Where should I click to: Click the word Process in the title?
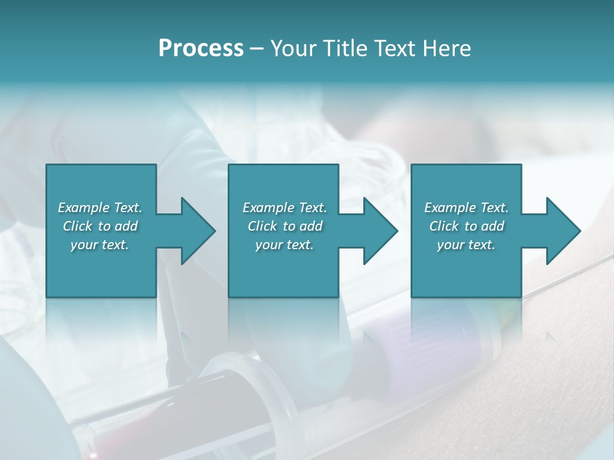click(201, 49)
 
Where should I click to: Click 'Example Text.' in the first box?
click(100, 208)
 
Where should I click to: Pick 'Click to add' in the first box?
click(100, 226)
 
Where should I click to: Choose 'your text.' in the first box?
click(100, 245)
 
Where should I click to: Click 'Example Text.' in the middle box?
click(284, 208)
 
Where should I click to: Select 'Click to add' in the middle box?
click(284, 226)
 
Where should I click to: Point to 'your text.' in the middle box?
click(284, 245)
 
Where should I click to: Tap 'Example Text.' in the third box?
click(466, 208)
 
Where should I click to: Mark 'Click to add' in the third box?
click(466, 226)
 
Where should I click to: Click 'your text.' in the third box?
click(466, 245)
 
